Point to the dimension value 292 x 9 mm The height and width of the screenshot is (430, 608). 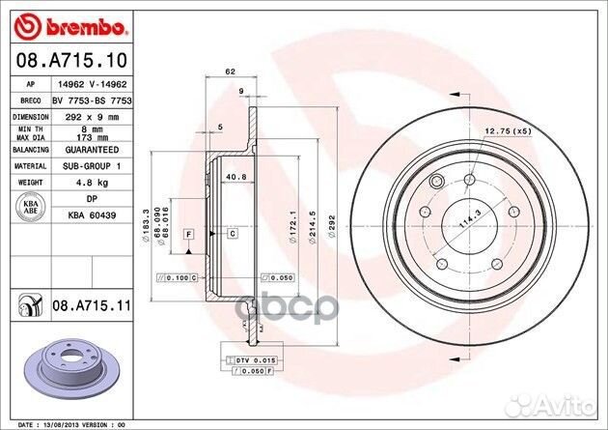pyautogui.click(x=78, y=116)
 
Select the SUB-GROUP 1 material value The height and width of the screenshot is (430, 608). pyautogui.click(x=78, y=165)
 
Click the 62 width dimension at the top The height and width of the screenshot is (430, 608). pyautogui.click(x=230, y=72)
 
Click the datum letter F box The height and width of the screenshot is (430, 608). pyautogui.click(x=189, y=234)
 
